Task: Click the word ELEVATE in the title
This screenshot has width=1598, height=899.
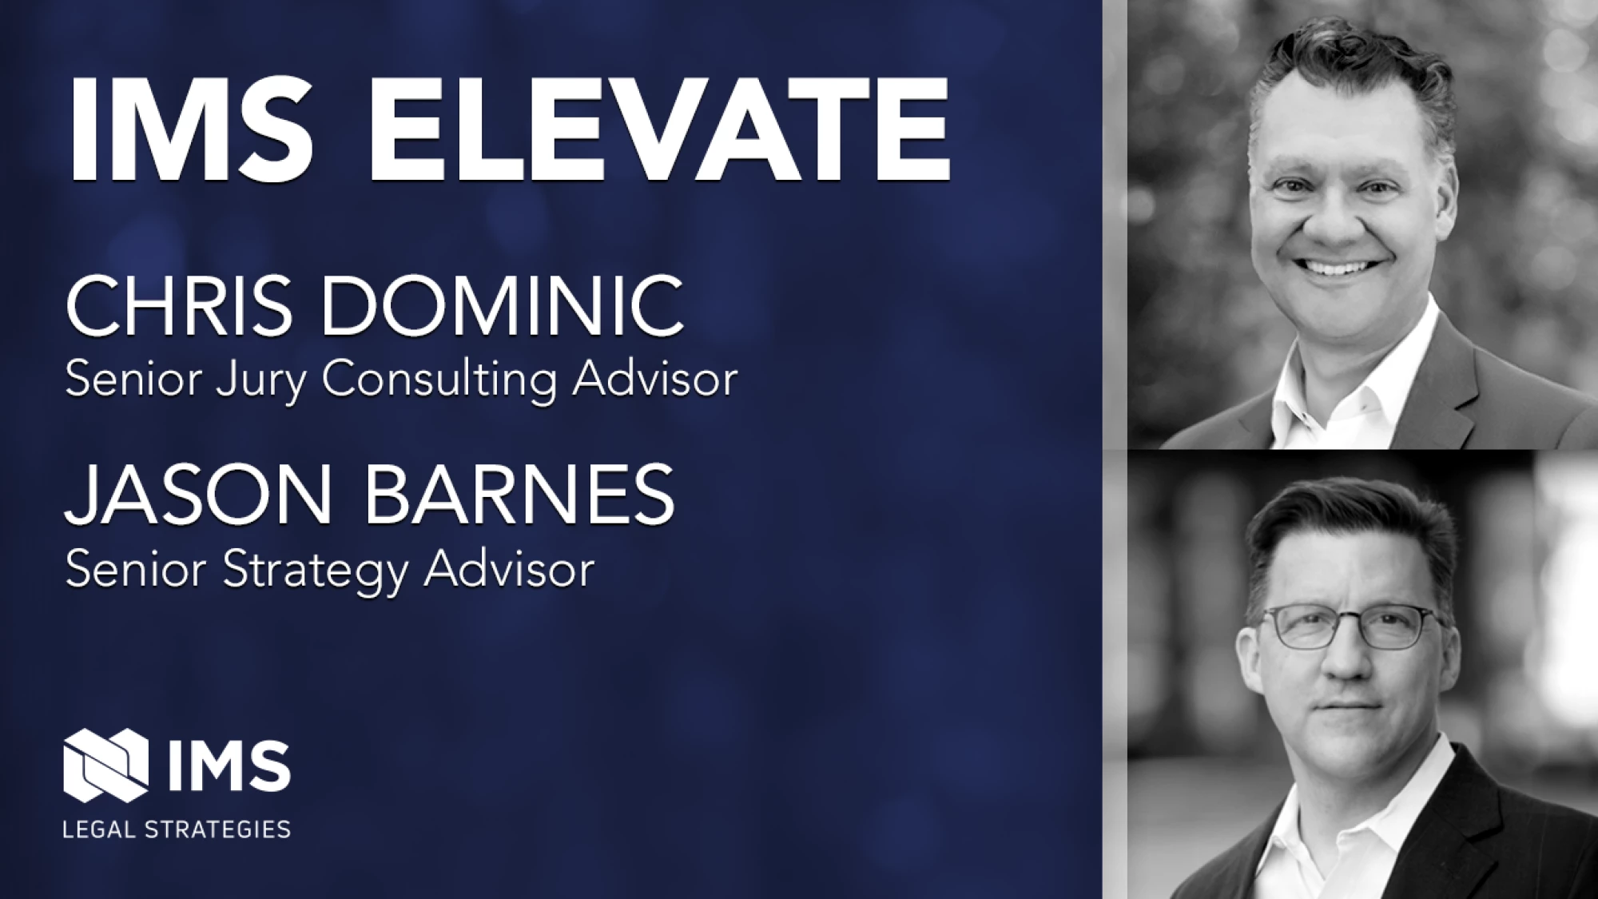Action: [x=658, y=130]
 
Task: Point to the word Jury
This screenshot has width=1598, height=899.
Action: [x=260, y=380]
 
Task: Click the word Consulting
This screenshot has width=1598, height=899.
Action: [x=439, y=380]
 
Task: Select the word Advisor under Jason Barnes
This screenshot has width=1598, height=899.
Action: [x=509, y=569]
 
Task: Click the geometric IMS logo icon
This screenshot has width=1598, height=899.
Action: [x=106, y=765]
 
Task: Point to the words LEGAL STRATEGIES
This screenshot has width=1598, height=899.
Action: [x=177, y=829]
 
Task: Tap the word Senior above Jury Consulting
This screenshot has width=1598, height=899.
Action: [x=133, y=379]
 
